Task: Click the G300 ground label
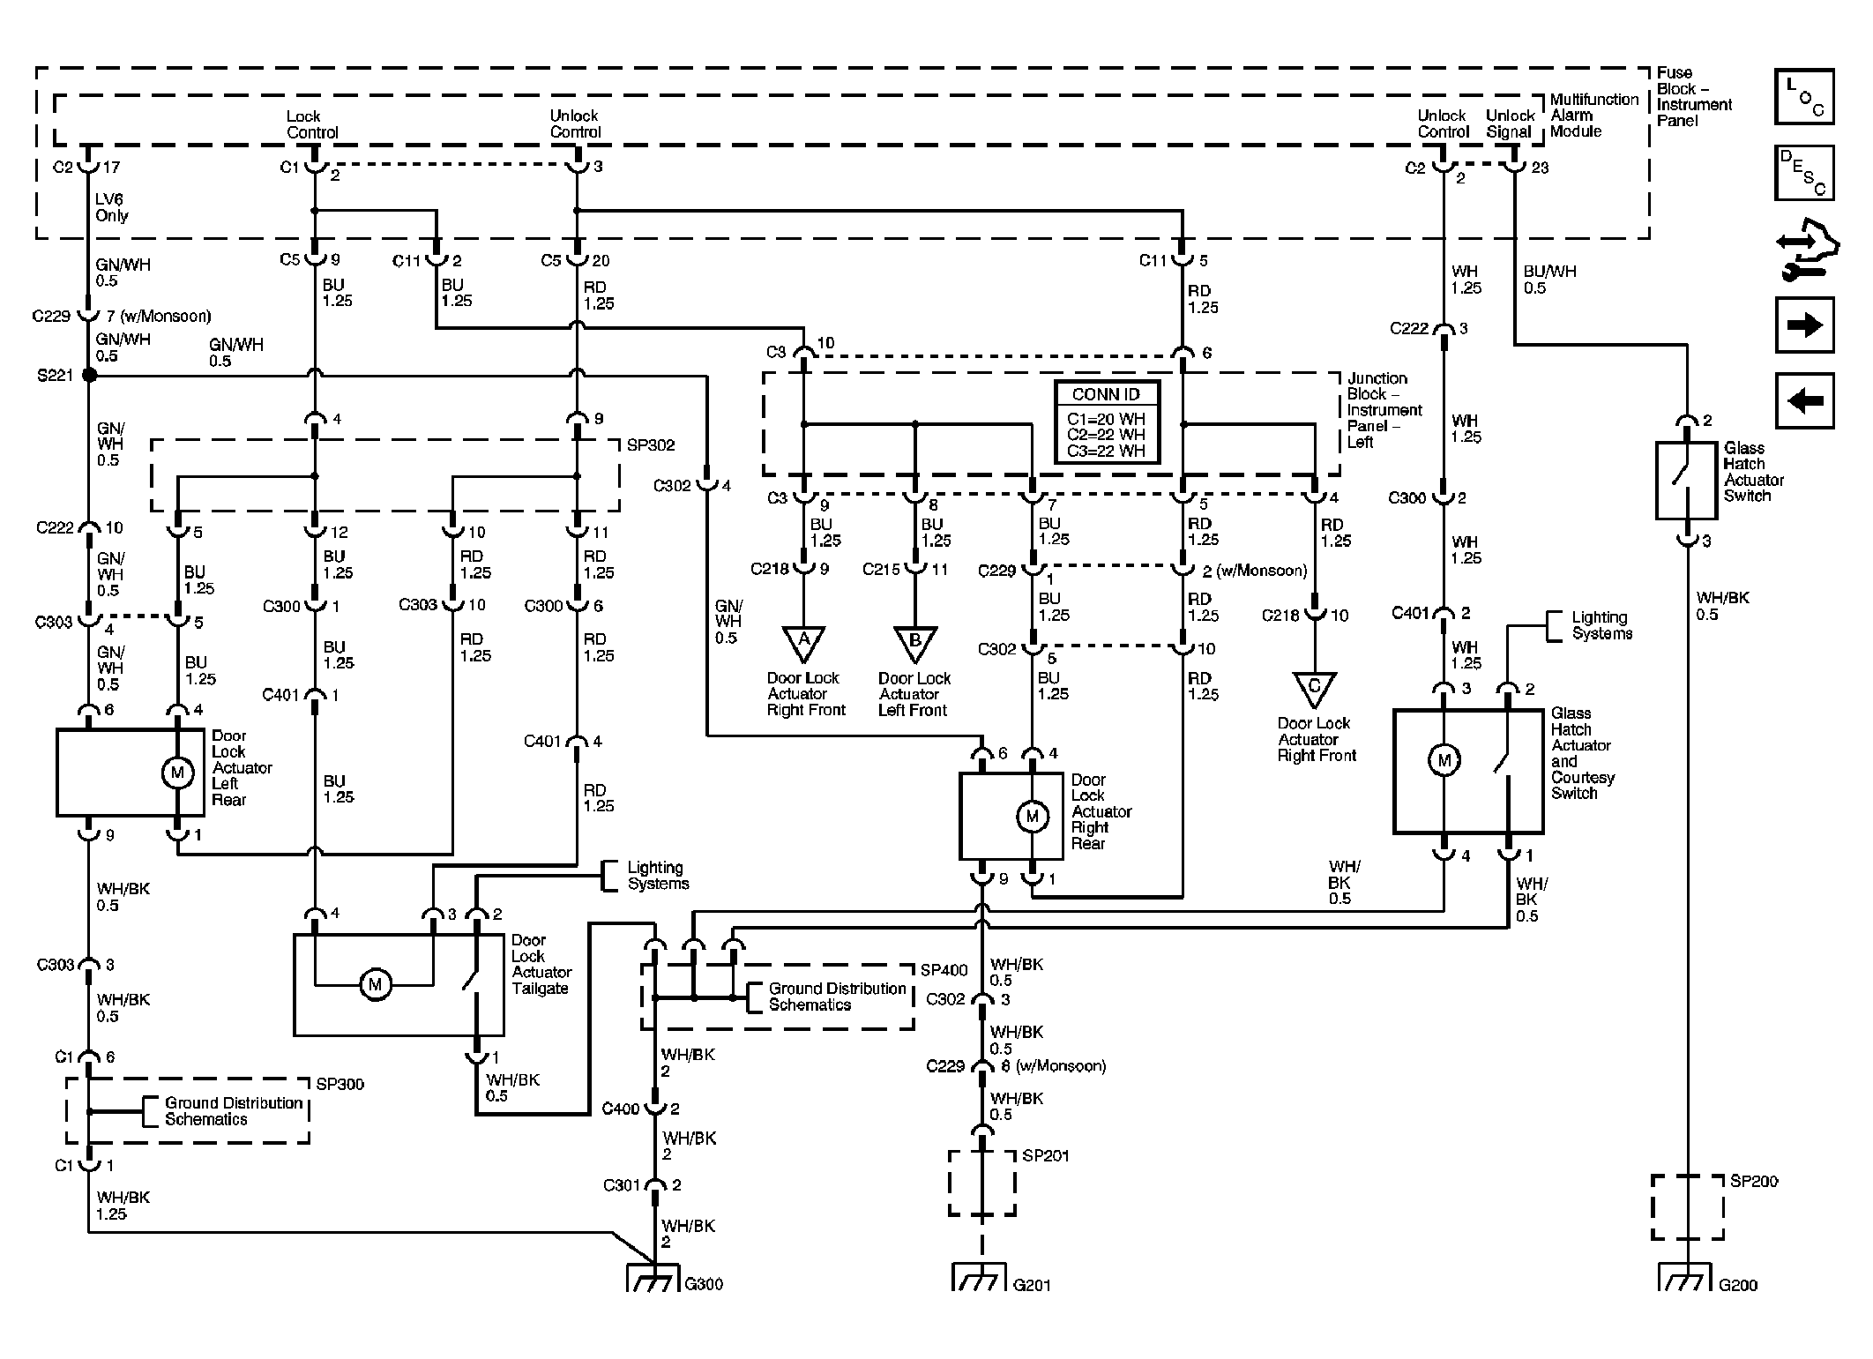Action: point(704,1284)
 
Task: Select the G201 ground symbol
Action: point(979,1277)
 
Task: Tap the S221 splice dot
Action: point(89,376)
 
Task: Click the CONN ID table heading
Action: point(1106,394)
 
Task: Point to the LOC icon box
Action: point(1804,96)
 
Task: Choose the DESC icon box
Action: point(1804,173)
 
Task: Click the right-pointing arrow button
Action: point(1804,325)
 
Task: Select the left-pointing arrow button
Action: point(1804,401)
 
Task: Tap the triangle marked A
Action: point(803,642)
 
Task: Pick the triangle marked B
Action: point(914,642)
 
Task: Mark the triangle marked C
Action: point(1314,687)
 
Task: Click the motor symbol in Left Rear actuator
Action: point(177,773)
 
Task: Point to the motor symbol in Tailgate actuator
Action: point(375,984)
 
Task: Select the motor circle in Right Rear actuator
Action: point(1032,817)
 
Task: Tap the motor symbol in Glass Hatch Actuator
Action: point(1444,760)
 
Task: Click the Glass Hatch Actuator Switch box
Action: point(1686,480)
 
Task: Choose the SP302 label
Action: point(651,445)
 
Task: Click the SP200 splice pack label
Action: point(1754,1181)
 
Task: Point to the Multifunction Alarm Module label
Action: point(1594,116)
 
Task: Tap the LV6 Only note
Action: point(112,208)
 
